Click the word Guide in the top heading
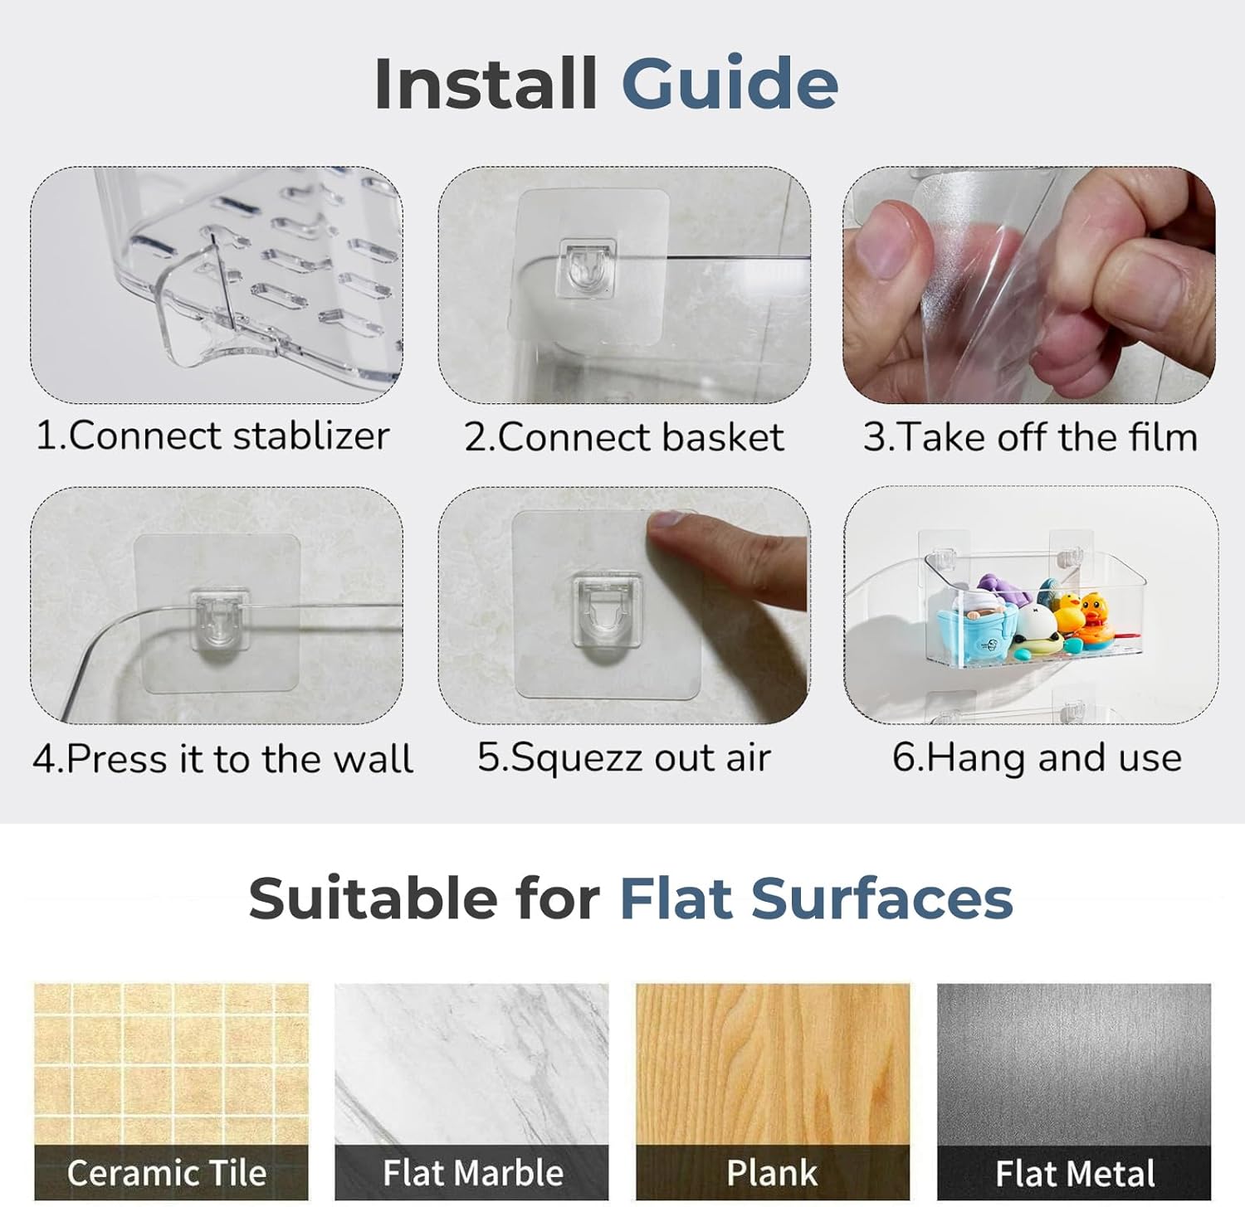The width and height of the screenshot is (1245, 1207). click(730, 83)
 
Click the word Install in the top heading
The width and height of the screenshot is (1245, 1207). click(486, 83)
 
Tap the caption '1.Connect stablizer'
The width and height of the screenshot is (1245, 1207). click(212, 436)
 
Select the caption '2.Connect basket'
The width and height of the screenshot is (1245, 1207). click(623, 437)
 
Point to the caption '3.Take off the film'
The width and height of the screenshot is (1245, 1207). click(1030, 437)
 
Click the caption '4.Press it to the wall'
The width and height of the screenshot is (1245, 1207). click(222, 758)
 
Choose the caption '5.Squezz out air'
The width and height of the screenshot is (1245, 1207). click(623, 757)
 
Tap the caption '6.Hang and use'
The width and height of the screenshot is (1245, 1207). click(1037, 757)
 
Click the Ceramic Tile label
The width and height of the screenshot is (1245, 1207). click(167, 1173)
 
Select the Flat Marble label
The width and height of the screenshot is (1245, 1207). click(473, 1173)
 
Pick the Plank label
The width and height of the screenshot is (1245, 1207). click(772, 1173)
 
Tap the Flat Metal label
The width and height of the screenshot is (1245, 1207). click(1075, 1174)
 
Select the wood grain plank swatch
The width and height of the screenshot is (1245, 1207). click(773, 1064)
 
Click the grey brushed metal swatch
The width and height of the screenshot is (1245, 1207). click(1074, 1064)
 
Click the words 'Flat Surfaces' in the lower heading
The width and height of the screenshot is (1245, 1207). click(816, 899)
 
